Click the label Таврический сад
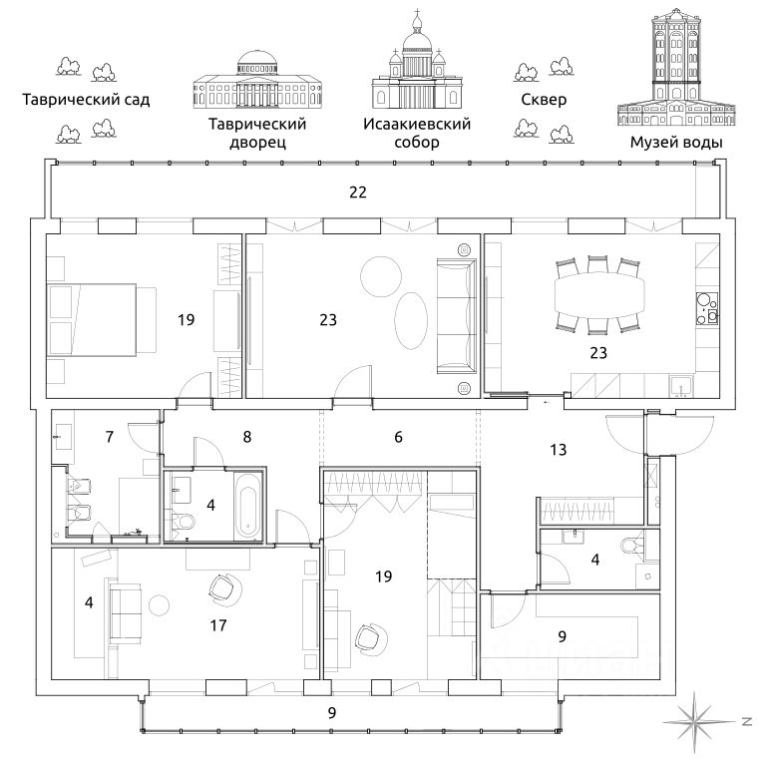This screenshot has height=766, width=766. click(86, 100)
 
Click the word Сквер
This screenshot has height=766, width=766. click(544, 100)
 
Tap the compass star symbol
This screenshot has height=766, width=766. click(698, 721)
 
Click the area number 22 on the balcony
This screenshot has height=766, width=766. click(358, 191)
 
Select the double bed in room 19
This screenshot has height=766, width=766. click(102, 319)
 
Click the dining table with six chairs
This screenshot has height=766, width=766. click(598, 296)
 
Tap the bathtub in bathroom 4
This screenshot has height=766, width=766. click(248, 506)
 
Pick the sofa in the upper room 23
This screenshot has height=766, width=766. click(456, 316)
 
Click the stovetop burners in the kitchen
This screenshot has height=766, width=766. click(707, 308)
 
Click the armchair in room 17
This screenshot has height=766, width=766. click(224, 588)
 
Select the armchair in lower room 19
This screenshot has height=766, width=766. click(371, 637)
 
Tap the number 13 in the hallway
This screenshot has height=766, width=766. click(558, 450)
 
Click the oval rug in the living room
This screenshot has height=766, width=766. click(410, 320)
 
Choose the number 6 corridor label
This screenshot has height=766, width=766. click(398, 437)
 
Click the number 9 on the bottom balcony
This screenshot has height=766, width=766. click(332, 713)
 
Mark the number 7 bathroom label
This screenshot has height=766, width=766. click(110, 436)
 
